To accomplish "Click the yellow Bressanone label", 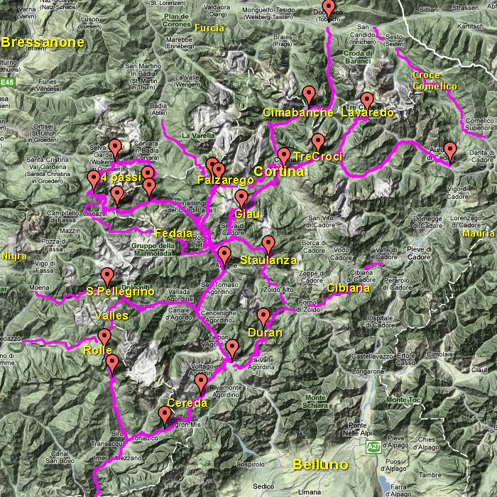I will (x=43, y=42).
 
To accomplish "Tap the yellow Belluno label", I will (x=321, y=464).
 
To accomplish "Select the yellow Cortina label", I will (x=279, y=172).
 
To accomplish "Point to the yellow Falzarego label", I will (x=222, y=181).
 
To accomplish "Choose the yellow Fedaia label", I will (x=173, y=232).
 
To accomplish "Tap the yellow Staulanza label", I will (x=268, y=261).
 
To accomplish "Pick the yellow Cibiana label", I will (x=348, y=288).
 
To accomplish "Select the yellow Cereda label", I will (x=187, y=403).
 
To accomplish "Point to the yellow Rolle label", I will (x=97, y=351).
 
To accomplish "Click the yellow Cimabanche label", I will (x=298, y=113).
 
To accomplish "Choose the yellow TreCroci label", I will (x=317, y=156).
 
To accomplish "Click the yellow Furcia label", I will (x=209, y=28).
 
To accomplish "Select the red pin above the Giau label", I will (x=241, y=198).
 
